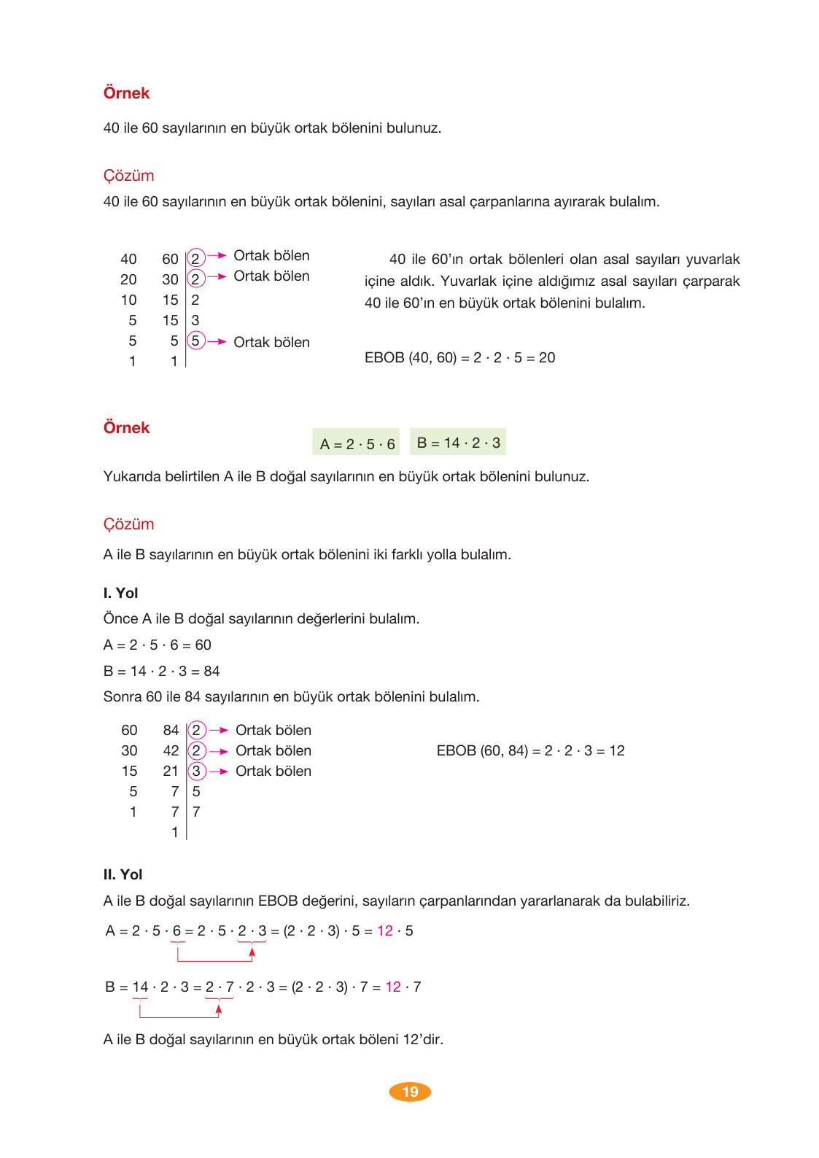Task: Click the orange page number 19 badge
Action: [410, 1092]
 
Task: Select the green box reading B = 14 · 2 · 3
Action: [458, 442]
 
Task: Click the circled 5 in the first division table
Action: [195, 341]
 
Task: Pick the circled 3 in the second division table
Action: [196, 771]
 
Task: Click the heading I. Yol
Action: [120, 593]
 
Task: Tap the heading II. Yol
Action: [123, 874]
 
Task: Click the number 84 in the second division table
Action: [171, 730]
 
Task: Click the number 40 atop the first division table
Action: [128, 259]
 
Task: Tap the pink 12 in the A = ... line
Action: [385, 930]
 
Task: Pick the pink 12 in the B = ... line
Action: [393, 987]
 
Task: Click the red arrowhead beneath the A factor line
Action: [252, 952]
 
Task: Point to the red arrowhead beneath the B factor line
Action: [219, 1009]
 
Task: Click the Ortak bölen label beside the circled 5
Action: [271, 342]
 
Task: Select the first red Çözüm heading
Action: [128, 176]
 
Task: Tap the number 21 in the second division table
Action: [171, 771]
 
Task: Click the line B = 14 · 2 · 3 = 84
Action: [161, 671]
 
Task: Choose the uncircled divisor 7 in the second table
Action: [196, 812]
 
